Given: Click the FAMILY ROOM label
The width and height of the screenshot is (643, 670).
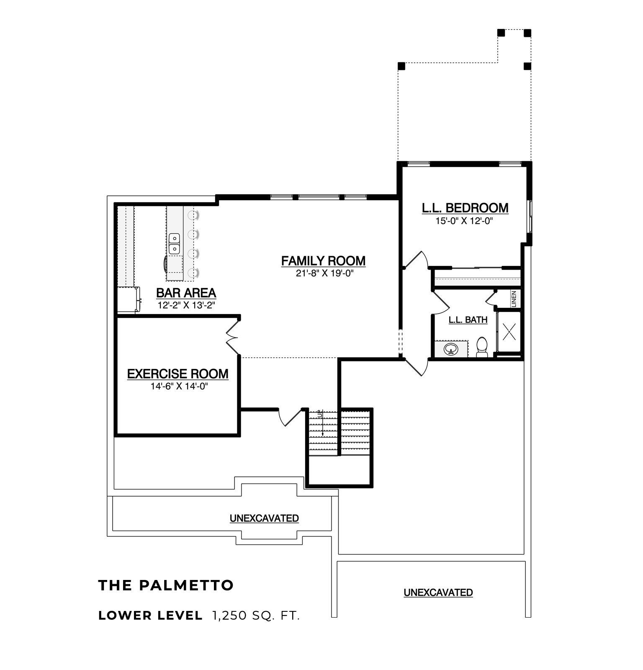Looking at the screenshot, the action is pos(323,261).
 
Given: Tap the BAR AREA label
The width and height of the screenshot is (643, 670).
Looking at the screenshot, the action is pos(186,293).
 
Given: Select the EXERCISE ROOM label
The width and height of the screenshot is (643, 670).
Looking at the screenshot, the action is pos(178,374).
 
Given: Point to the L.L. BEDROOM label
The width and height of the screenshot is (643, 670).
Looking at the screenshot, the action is pos(465,208).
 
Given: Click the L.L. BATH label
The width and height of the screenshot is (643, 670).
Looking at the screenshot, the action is pos(468,320).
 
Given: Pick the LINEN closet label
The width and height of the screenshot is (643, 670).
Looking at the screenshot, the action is pos(514,299).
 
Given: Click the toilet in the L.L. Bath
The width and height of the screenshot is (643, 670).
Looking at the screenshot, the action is pos(482,348).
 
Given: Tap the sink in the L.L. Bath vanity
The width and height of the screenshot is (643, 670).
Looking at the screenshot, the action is pos(451,349).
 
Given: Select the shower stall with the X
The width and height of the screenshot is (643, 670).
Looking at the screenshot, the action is pos(509,332).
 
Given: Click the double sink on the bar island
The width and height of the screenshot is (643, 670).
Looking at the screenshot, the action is pos(174,244).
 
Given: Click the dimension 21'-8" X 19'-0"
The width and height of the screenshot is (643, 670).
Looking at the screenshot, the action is pos(323,273).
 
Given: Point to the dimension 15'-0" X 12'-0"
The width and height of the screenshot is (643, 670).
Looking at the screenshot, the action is pos(465,221).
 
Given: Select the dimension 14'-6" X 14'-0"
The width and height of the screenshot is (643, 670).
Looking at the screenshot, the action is pos(179,386).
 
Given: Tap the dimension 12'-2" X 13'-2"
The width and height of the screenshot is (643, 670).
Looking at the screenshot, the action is pos(186,305).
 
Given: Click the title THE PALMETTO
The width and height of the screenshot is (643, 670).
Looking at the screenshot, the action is pos(166,585).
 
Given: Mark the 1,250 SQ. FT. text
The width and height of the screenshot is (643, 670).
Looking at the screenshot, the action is pos(256,616).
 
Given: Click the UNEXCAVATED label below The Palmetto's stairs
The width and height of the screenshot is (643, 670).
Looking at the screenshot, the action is pos(264,518).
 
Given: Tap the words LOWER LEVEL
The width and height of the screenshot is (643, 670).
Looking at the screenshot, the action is pos(150,616).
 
